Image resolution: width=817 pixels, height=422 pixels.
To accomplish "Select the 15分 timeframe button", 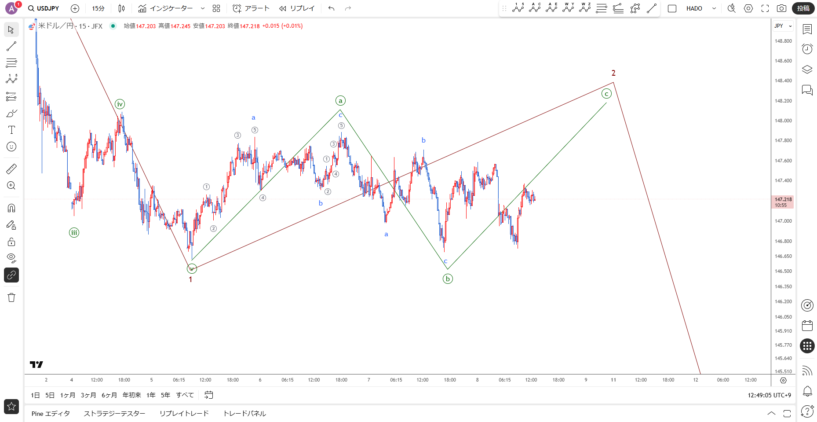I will pyautogui.click(x=98, y=8).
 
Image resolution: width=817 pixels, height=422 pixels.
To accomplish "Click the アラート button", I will pyautogui.click(x=251, y=8).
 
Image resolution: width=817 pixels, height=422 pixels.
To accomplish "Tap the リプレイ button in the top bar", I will pyautogui.click(x=297, y=8).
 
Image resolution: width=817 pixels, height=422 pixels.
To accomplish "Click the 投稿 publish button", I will pyautogui.click(x=803, y=8).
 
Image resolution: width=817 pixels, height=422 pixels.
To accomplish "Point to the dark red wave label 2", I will pyautogui.click(x=613, y=73).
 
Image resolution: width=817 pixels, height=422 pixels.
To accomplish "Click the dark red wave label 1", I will pyautogui.click(x=190, y=279).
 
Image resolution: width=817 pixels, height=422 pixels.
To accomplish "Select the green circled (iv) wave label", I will pyautogui.click(x=120, y=104).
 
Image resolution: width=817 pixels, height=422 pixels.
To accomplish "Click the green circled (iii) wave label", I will pyautogui.click(x=74, y=233).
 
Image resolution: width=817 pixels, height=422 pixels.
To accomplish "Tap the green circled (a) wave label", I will pyautogui.click(x=340, y=101).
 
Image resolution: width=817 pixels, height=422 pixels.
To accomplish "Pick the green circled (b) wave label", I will pyautogui.click(x=448, y=279).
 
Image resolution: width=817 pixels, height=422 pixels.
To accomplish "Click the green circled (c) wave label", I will pyautogui.click(x=606, y=94).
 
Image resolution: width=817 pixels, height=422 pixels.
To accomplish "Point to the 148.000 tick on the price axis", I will pyautogui.click(x=783, y=121).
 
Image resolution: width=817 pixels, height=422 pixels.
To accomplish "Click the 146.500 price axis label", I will pyautogui.click(x=783, y=271).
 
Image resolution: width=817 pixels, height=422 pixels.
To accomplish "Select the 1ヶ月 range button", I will pyautogui.click(x=68, y=395).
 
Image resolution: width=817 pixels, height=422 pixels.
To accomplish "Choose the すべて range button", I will pyautogui.click(x=185, y=395).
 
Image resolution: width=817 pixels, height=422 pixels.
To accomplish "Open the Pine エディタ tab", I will pyautogui.click(x=51, y=414).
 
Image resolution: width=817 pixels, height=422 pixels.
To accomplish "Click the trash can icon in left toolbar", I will pyautogui.click(x=11, y=297).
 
